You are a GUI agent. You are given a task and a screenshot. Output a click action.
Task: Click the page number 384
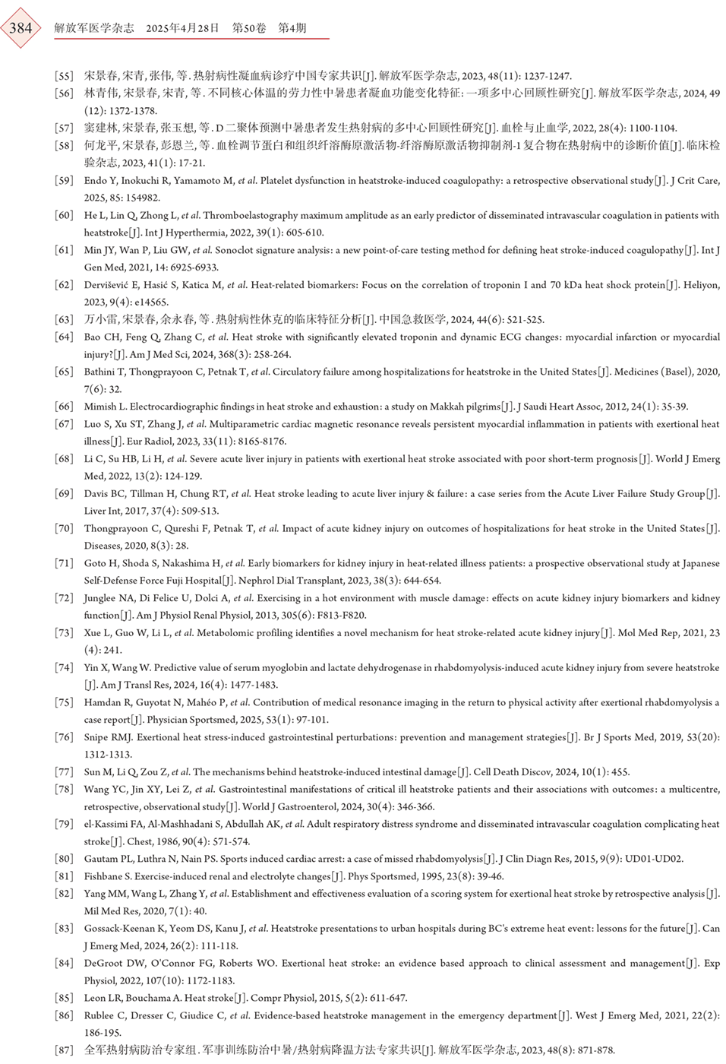point(21,28)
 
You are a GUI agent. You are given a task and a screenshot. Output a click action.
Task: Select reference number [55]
point(64,76)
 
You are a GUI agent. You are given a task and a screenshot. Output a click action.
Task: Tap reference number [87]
point(64,1050)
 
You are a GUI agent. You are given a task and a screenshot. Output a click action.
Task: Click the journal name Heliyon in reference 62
point(700,285)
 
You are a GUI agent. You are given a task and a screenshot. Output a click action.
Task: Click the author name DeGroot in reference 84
point(103,963)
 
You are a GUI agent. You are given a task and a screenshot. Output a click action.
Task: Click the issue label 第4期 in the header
point(292,28)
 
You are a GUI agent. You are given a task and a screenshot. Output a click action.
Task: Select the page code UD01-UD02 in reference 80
point(654,859)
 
